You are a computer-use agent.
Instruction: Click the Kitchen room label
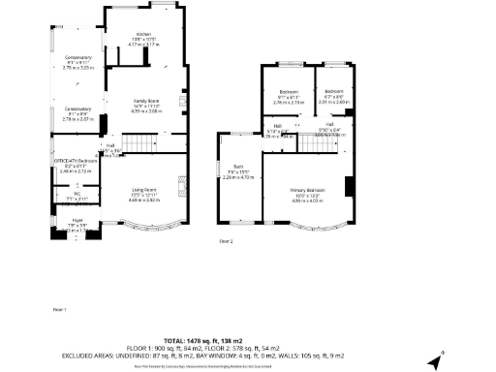tap(143, 35)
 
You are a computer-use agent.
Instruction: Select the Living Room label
tap(145, 190)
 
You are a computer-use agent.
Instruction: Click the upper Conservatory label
tap(77, 57)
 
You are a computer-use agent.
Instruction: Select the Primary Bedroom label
tap(308, 191)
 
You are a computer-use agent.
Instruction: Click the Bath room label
tap(237, 167)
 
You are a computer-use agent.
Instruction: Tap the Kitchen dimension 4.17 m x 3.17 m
tap(143, 45)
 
